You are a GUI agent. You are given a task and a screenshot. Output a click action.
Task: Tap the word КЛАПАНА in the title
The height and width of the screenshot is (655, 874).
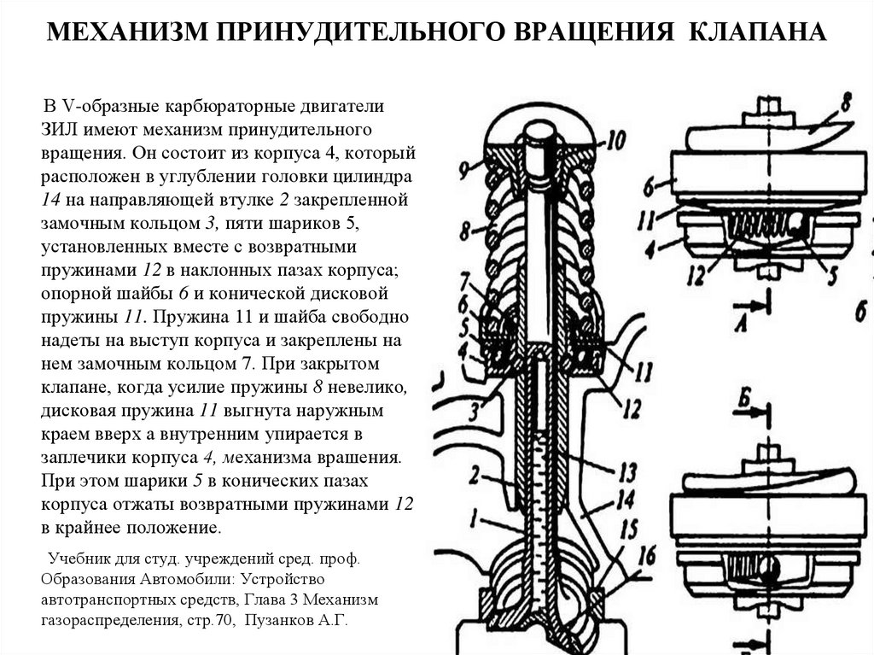(x=763, y=34)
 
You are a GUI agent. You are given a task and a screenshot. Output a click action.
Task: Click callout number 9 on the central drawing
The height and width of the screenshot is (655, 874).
(x=463, y=169)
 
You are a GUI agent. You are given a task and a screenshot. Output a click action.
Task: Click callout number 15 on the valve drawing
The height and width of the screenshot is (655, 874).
(x=630, y=529)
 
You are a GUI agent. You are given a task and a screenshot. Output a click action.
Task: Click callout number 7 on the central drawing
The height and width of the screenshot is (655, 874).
(x=465, y=279)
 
